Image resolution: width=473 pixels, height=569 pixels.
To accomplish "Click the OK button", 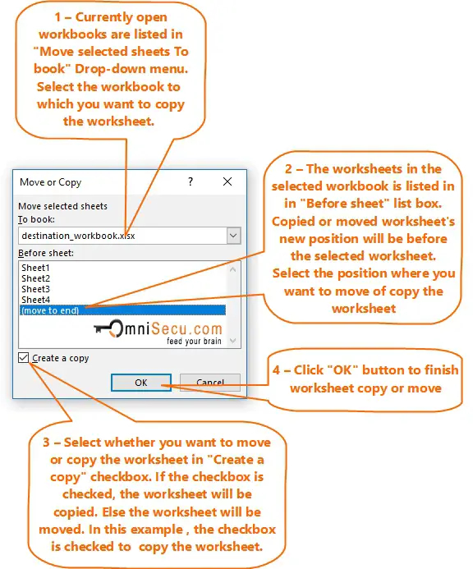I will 140,383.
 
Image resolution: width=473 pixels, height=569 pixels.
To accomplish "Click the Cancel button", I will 210,383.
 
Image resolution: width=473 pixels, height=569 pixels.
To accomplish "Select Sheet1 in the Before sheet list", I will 35,268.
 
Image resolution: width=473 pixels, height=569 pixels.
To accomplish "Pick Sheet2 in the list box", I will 35,278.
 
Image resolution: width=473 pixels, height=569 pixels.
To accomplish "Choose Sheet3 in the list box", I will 35,289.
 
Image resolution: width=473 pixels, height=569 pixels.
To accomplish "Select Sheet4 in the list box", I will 35,299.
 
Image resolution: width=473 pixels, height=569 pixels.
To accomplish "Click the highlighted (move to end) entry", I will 49,310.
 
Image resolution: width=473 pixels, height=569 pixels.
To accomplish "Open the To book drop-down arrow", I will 234,236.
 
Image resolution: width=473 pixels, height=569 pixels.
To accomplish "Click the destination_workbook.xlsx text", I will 78,236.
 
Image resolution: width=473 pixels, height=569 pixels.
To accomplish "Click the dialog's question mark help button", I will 191,182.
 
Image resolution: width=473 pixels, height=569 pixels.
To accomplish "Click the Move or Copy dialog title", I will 50,182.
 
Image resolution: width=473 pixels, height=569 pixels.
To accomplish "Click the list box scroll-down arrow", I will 234,340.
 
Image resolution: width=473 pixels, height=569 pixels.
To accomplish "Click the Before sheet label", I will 46,253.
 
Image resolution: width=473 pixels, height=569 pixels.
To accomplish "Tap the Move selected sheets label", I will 63,206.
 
